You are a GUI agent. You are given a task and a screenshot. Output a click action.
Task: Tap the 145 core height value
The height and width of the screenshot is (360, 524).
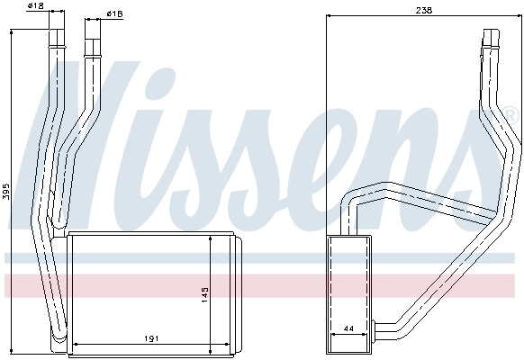point(205,293)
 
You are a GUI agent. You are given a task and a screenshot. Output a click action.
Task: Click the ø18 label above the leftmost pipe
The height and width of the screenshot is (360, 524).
point(36,6)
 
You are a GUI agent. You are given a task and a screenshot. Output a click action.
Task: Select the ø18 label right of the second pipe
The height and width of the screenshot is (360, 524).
point(114,14)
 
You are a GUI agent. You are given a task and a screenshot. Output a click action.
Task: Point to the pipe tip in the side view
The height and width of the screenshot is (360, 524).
point(491,34)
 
